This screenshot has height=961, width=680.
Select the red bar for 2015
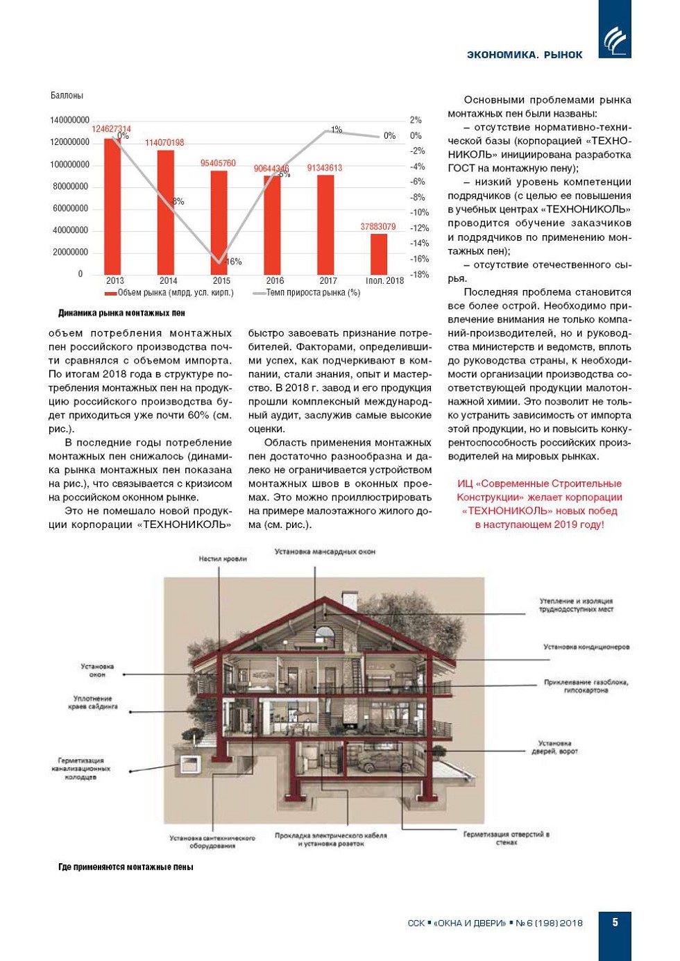point(219,222)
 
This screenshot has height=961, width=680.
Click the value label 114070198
point(164,143)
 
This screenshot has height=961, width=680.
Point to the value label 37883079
point(378,227)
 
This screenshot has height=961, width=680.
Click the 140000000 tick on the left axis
point(69,120)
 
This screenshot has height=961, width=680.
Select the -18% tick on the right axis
point(419,275)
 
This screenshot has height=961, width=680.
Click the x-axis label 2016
point(275,281)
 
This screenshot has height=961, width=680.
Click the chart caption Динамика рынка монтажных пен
point(121,313)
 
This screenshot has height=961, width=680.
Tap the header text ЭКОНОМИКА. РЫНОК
point(525,55)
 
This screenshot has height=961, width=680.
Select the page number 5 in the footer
point(615,922)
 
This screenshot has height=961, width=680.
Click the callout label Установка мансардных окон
point(325,552)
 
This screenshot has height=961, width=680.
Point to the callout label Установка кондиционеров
point(586,647)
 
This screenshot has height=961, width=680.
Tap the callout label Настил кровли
point(222,559)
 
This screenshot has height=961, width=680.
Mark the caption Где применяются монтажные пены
point(126,867)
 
